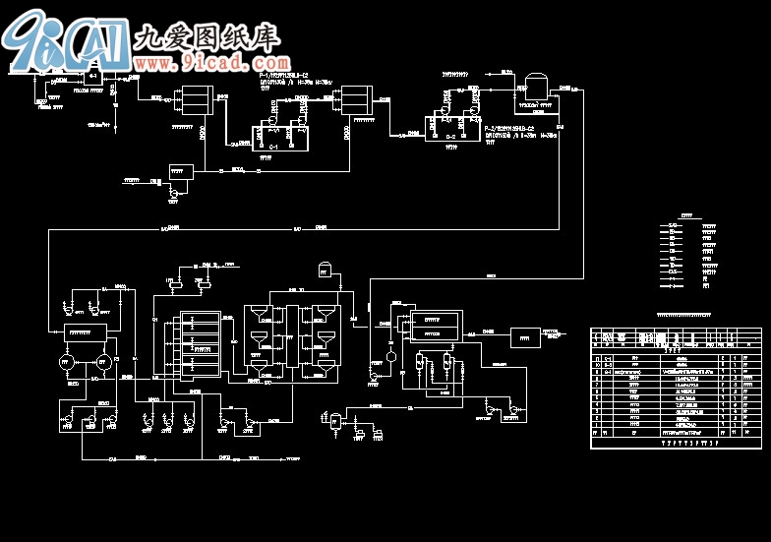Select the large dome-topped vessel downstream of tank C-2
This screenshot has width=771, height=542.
[x=537, y=82]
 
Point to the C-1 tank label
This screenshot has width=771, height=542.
[x=274, y=147]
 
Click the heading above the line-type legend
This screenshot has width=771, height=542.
[x=687, y=215]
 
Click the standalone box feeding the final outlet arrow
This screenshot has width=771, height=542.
[x=525, y=337]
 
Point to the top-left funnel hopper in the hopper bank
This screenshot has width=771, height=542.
[x=259, y=315]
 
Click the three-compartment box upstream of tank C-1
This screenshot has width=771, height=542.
[x=190, y=98]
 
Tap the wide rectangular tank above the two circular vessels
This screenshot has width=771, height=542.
[x=86, y=332]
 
